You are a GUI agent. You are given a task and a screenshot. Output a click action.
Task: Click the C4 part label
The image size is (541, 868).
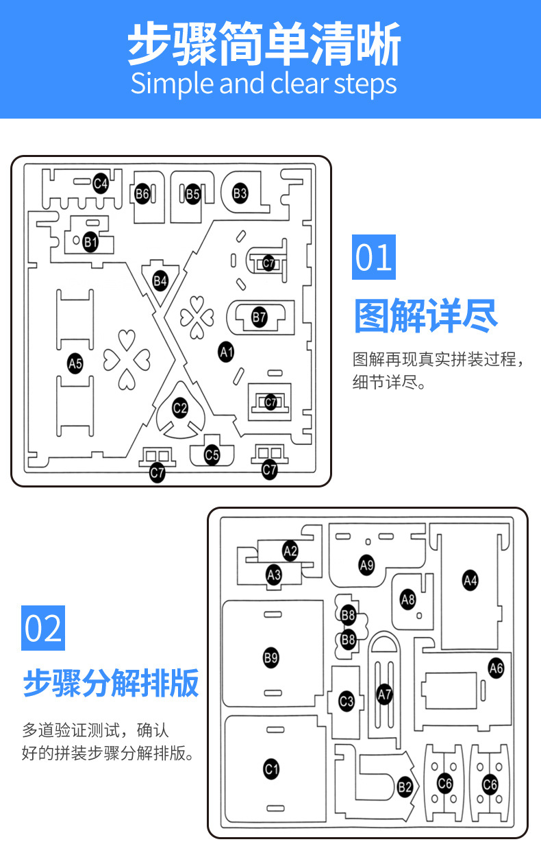click(x=101, y=183)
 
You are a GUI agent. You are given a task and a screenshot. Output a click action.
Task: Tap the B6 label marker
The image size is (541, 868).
click(x=142, y=194)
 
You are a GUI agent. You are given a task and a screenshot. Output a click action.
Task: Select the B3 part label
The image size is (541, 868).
click(x=240, y=193)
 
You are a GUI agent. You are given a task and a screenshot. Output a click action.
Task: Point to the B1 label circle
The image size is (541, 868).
click(x=90, y=241)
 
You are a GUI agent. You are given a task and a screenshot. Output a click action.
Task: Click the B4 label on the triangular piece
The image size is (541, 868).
click(x=160, y=280)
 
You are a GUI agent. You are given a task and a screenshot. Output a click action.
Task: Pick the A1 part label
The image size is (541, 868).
click(x=226, y=352)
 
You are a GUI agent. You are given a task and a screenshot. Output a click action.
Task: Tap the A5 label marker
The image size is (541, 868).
click(x=75, y=364)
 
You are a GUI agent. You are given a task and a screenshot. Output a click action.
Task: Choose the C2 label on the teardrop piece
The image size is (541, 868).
click(x=180, y=409)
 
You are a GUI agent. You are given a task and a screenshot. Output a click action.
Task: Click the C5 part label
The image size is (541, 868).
click(x=212, y=454)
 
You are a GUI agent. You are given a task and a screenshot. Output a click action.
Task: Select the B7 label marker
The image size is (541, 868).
click(x=259, y=317)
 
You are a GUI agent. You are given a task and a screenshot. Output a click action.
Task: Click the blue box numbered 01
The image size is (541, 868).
click(x=374, y=257)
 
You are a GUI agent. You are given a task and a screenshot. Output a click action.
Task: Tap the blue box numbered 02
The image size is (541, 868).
click(x=43, y=628)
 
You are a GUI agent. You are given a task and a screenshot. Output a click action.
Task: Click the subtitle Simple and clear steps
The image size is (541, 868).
click(x=264, y=84)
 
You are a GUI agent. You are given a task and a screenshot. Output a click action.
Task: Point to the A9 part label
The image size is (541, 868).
click(x=366, y=565)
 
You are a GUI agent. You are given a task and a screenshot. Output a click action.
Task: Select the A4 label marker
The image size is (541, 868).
click(x=470, y=581)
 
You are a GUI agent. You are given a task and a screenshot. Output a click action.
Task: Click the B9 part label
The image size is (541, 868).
click(x=271, y=658)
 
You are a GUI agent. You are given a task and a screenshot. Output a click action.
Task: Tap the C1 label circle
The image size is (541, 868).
click(x=271, y=769)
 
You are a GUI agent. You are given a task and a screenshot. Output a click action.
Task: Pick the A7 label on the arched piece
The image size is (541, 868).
click(x=384, y=694)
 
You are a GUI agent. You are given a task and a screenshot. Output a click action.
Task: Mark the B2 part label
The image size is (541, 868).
click(x=405, y=787)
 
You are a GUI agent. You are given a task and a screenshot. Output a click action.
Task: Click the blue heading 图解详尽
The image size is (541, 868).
click(x=425, y=316)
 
